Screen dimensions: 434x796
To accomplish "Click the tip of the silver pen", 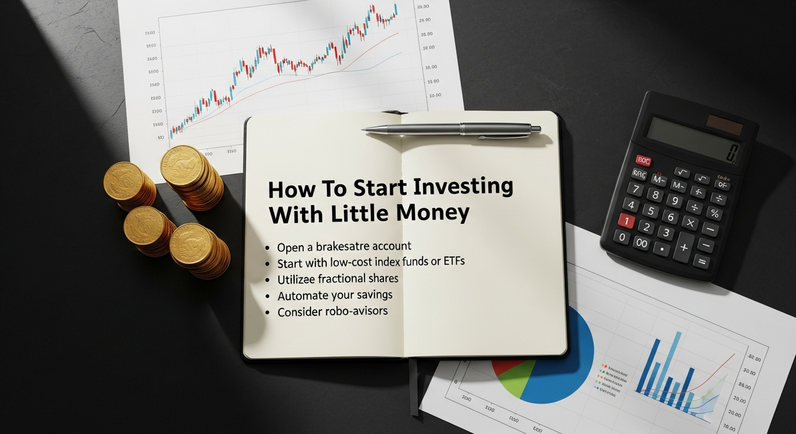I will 364,129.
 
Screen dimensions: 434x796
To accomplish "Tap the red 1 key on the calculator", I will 626,220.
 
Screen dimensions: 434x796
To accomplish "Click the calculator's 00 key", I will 642,243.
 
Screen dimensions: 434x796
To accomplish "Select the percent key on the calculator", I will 714,214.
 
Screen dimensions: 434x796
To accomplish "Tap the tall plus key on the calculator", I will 684,246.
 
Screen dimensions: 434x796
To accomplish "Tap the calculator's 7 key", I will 635,189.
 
